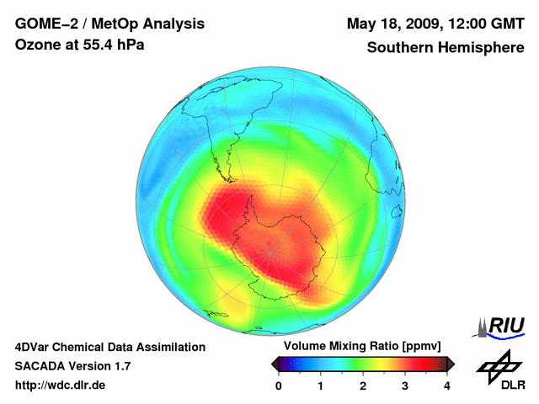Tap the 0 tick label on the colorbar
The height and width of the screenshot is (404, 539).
[x=279, y=385]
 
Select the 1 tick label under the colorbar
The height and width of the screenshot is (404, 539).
[x=321, y=385]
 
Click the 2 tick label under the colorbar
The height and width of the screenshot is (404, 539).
[x=363, y=385]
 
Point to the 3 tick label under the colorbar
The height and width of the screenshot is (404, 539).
[x=405, y=385]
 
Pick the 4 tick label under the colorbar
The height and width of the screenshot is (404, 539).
[x=447, y=385]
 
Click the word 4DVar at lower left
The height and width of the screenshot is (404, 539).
[x=35, y=347]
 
